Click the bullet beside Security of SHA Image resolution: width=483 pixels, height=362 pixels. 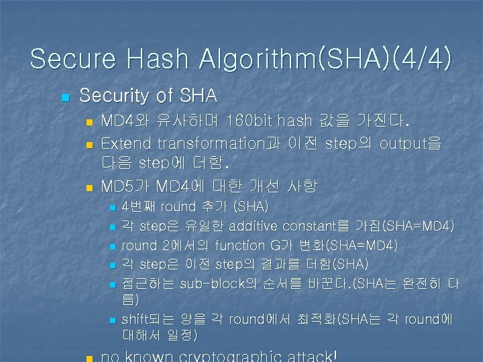point(64,98)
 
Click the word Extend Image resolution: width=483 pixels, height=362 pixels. point(125,143)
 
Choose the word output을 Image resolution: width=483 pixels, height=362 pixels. point(411,143)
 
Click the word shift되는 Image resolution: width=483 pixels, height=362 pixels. point(146,319)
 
